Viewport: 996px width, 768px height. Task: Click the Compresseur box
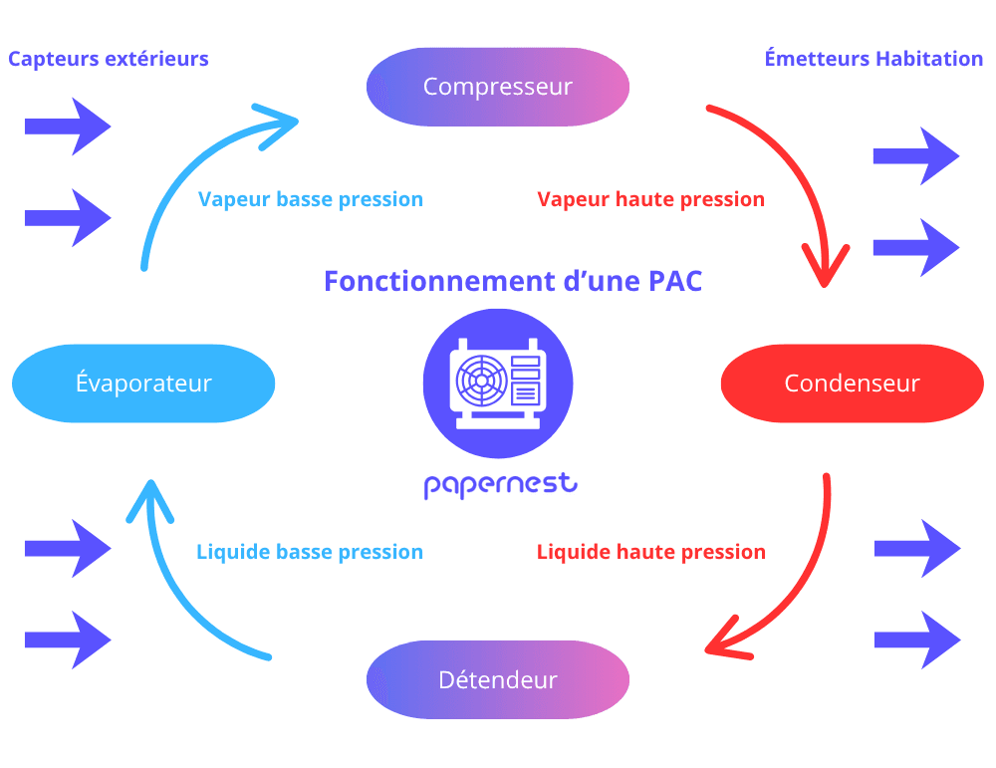coord(498,87)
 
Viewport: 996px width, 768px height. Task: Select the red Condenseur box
coord(852,384)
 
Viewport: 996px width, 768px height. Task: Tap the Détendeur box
coord(498,680)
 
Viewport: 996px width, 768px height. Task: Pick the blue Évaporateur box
coord(143,384)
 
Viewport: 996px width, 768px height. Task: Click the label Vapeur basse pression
coord(311,199)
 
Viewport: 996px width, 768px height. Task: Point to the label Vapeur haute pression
coord(650,199)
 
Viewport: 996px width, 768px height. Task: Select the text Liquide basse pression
coord(310,552)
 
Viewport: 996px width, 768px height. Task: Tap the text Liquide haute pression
coord(650,552)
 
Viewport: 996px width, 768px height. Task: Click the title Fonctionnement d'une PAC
coord(513,281)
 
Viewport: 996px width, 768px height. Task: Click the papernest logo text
coord(500,485)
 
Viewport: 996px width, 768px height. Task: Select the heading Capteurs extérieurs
coord(109,59)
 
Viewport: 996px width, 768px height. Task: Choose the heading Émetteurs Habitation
coord(873,59)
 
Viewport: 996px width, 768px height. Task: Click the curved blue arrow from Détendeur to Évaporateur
coord(179,598)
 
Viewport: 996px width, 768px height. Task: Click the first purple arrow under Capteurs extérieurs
coord(68,127)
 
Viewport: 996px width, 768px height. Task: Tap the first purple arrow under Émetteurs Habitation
coord(916,155)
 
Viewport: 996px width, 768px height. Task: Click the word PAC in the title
coord(674,281)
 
